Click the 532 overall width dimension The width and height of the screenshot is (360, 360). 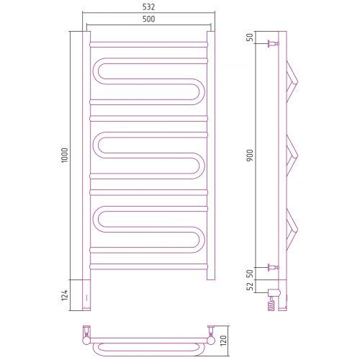tap(148, 7)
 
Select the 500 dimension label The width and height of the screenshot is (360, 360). tap(148, 19)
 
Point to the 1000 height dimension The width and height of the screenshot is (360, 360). tap(65, 156)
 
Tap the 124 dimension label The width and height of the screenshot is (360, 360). tap(65, 295)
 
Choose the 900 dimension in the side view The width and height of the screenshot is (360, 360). tap(250, 156)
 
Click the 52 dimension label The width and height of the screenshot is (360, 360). tap(250, 286)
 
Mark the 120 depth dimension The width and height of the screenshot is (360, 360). tap(223, 341)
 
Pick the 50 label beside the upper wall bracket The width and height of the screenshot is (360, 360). tap(250, 37)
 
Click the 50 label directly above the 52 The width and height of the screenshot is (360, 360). tap(250, 274)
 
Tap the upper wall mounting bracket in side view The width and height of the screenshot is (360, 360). tap(274, 44)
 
